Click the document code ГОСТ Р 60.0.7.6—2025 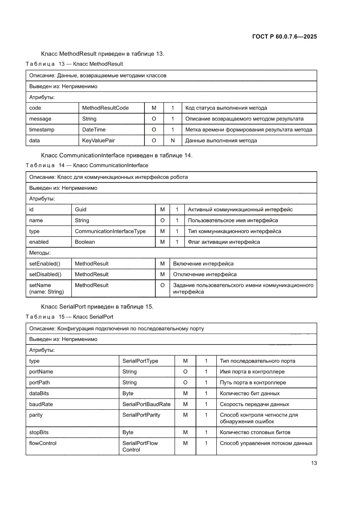[284, 37]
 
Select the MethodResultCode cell [105, 108]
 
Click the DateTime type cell [94, 130]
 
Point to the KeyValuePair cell [98, 141]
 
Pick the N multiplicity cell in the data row [173, 141]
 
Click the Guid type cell [81, 209]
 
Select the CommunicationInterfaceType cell [110, 231]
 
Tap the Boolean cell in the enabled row [85, 242]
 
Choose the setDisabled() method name [45, 275]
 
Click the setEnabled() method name [44, 264]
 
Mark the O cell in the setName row [162, 286]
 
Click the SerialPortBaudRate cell [146, 405]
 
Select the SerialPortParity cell [141, 415]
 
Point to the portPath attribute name [39, 383]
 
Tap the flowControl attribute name [43, 444]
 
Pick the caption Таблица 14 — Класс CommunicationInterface [87, 165]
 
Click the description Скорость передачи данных [254, 405]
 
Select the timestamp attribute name [42, 130]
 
